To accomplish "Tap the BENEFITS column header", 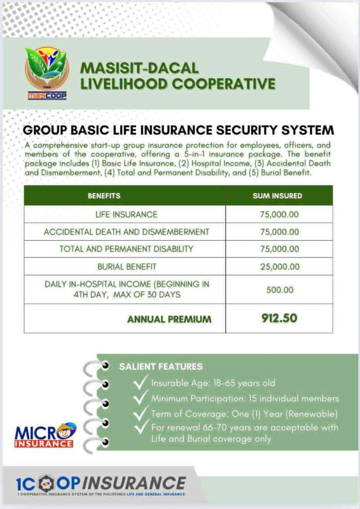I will point(104,196).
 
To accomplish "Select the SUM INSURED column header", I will point(277,196).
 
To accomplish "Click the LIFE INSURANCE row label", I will point(126,215).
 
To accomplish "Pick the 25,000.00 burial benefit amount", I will point(279,266).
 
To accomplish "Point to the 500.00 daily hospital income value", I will point(279,289).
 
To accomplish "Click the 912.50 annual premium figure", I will point(279,318).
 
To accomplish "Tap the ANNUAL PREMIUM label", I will point(169,319).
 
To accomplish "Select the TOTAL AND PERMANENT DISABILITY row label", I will point(126,249).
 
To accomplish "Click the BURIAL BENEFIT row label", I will point(126,266).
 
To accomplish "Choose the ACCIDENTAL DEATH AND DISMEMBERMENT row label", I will point(126,232).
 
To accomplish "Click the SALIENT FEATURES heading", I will point(161,367).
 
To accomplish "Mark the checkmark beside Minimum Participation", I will point(141,398).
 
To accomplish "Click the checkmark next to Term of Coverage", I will point(141,413).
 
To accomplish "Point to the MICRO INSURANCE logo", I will point(45,434).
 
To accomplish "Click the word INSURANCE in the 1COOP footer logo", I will point(135,483).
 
